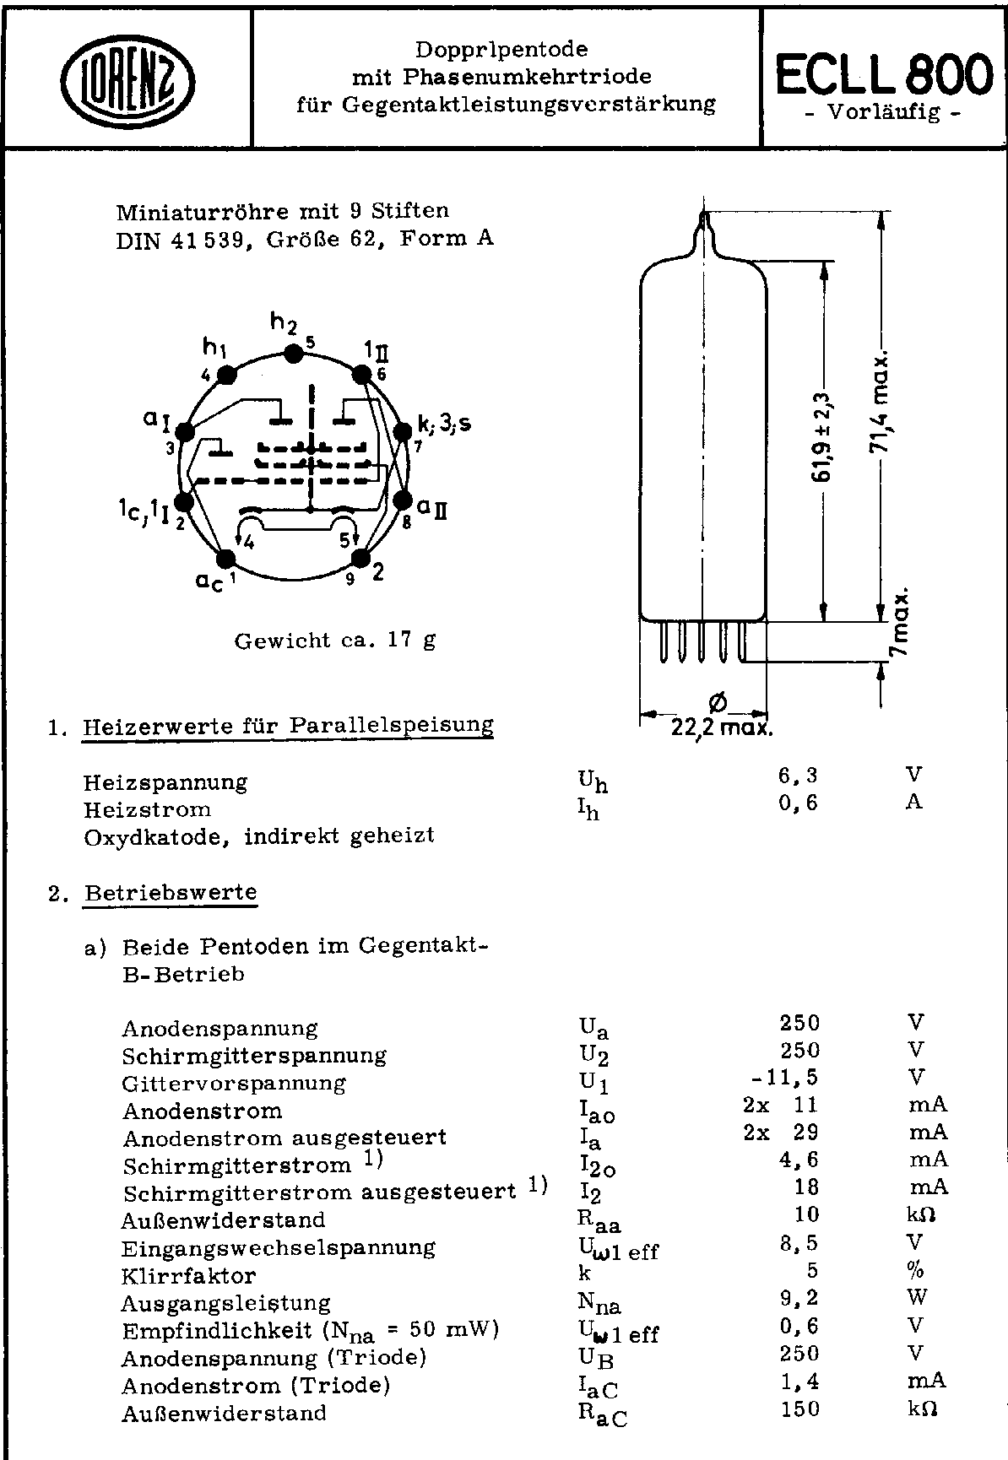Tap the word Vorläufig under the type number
click(x=882, y=111)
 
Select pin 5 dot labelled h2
click(x=293, y=354)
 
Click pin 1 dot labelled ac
click(x=226, y=559)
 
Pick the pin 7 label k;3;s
click(x=444, y=424)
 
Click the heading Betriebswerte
click(x=170, y=893)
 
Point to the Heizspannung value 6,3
click(x=798, y=776)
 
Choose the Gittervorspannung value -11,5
click(x=784, y=1078)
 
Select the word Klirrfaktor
click(x=188, y=1275)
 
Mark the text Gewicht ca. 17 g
click(x=335, y=641)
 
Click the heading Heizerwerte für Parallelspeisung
click(x=287, y=726)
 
